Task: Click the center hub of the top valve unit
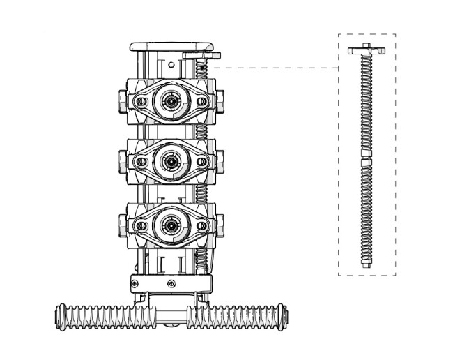point(169,101)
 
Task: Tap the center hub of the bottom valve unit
point(169,224)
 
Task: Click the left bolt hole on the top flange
point(141,102)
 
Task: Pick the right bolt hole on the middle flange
point(201,162)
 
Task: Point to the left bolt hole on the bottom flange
point(141,224)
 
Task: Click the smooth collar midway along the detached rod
point(367,154)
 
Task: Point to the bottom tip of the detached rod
point(367,263)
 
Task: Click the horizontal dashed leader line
point(279,68)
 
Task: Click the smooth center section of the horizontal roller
point(169,315)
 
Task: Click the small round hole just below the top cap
point(169,65)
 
